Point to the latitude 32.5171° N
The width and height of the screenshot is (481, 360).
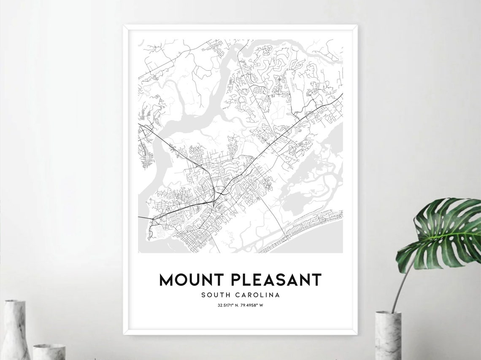227,305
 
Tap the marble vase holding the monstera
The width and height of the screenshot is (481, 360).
388,335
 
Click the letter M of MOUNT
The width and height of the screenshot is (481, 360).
166,280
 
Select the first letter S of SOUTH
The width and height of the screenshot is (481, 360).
204,295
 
